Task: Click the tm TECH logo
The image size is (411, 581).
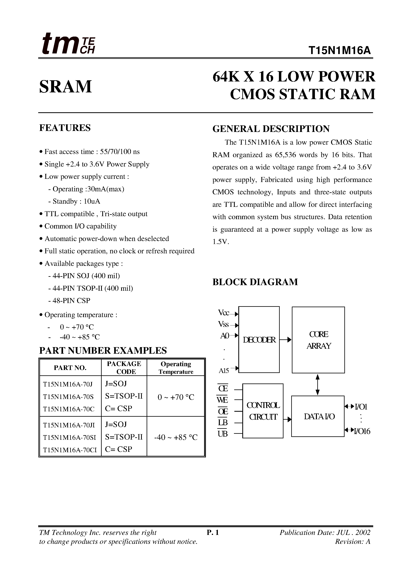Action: [x=68, y=44]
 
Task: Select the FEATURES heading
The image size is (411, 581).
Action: [x=65, y=128]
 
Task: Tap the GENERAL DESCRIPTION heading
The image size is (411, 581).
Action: [x=271, y=129]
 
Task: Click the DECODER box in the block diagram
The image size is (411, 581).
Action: [x=259, y=340]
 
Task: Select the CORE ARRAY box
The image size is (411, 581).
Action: [x=318, y=340]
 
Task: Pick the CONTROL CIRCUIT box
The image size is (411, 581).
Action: [x=263, y=411]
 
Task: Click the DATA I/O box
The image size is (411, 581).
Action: [x=318, y=416]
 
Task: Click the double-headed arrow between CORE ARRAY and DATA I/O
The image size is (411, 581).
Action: [x=318, y=385]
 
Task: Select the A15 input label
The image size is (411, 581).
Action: [x=224, y=371]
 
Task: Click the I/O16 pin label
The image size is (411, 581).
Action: [x=362, y=431]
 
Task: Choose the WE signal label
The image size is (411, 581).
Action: [x=222, y=400]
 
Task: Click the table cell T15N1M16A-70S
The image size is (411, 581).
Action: [x=68, y=397]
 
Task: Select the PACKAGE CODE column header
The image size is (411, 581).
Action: [x=124, y=368]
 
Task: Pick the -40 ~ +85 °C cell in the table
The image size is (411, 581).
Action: [x=176, y=438]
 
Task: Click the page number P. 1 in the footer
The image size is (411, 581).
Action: [x=213, y=533]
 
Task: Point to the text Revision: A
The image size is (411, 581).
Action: [x=353, y=541]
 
